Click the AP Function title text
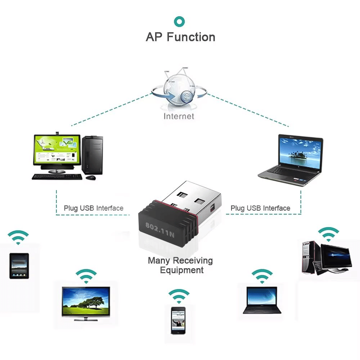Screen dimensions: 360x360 [180, 37]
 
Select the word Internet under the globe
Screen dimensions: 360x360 [179, 116]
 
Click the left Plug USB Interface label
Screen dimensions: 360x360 [94, 208]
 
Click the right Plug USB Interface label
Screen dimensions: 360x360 [260, 208]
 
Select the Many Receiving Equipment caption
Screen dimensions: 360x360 [180, 265]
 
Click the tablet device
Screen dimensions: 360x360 [19, 266]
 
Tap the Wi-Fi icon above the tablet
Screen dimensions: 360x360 [18, 238]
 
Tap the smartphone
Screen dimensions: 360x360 [178, 320]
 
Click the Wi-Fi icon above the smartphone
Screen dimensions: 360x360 [179, 296]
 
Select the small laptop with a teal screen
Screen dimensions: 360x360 [262, 300]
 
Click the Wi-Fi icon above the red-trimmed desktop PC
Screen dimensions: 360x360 [328, 234]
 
